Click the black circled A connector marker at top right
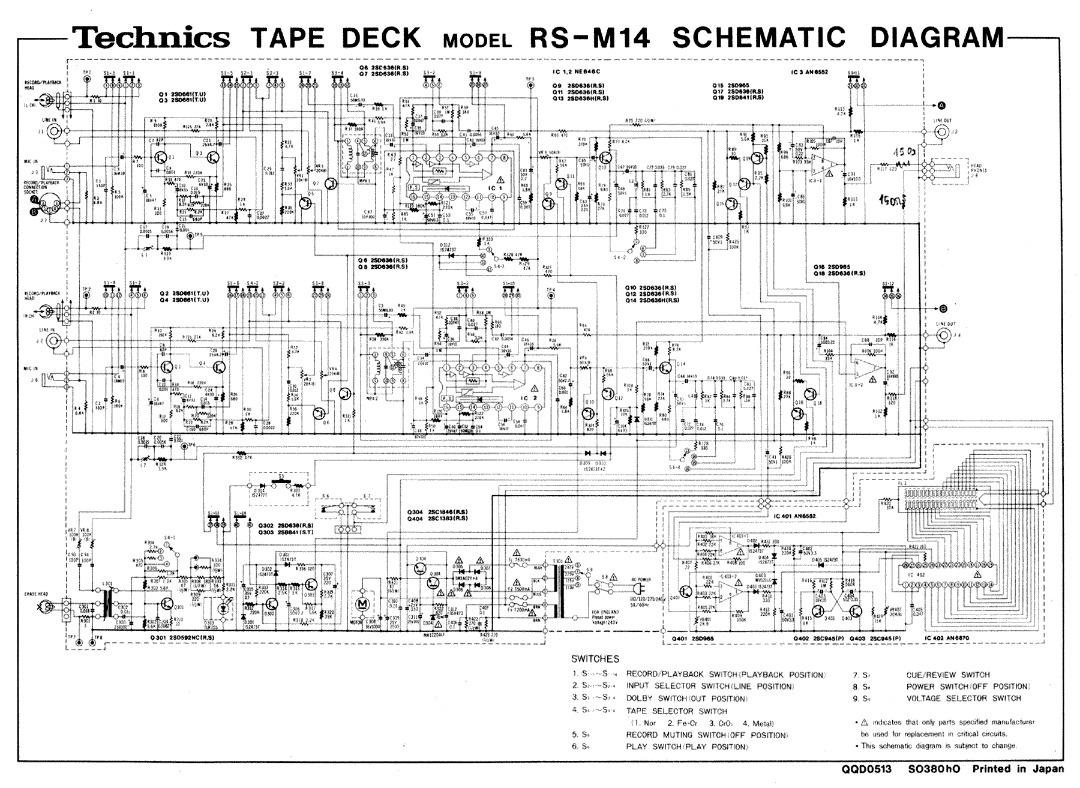click(941, 106)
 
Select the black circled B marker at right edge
click(943, 308)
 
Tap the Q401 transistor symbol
click(685, 592)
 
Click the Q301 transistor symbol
click(178, 607)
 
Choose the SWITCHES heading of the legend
click(595, 658)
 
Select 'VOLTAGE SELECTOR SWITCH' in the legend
click(963, 699)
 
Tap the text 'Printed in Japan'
click(1018, 769)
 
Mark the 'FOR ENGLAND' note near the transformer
click(605, 611)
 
